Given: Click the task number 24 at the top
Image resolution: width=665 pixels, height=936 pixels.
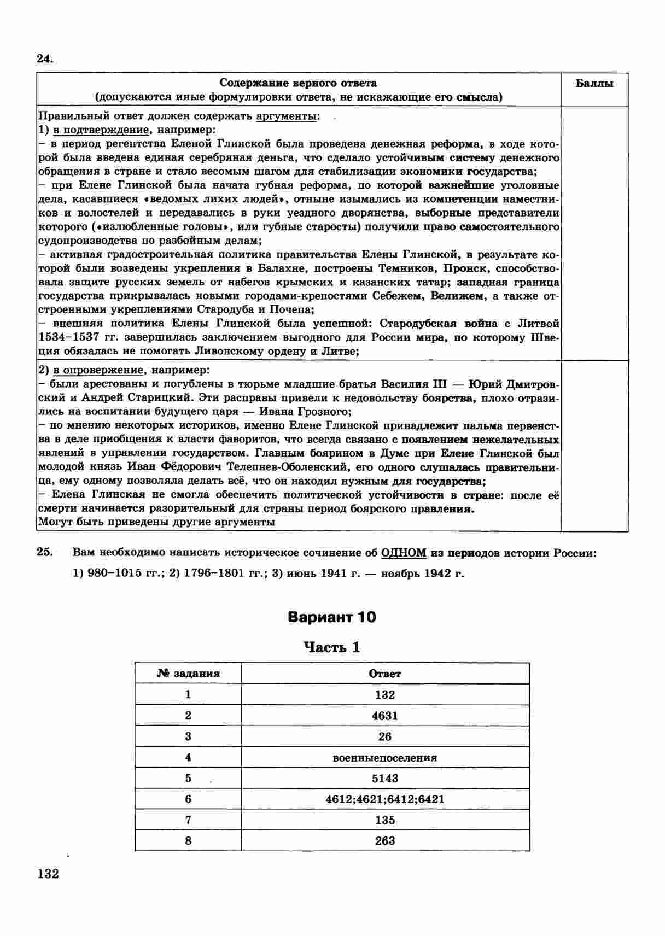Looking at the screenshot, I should [44, 58].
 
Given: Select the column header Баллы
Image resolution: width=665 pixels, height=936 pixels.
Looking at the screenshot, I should [594, 83].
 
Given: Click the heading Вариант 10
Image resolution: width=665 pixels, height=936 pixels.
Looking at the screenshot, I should [332, 617].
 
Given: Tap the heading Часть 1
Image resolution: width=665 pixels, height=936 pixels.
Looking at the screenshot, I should [332, 647].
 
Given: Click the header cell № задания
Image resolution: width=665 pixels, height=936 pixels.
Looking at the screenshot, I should [188, 674].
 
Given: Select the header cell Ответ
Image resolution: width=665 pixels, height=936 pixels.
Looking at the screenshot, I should [385, 674].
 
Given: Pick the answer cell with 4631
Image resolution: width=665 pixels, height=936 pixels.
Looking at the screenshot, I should [385, 716].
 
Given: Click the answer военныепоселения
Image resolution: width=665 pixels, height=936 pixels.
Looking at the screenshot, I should [385, 758].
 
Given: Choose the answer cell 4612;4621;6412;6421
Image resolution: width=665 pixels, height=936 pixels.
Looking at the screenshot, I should [385, 799].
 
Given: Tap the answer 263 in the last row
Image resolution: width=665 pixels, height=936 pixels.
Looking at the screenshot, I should [385, 841].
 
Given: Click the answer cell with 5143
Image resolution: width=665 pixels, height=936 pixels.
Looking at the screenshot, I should [385, 779].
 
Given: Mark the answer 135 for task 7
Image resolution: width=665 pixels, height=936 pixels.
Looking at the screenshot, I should [385, 820].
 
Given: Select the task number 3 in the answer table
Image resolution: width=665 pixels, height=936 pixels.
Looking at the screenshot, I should [188, 736].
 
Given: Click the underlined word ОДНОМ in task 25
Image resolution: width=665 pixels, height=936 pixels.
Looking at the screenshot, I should [404, 553].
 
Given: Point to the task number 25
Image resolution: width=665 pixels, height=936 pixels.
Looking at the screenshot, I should [45, 552].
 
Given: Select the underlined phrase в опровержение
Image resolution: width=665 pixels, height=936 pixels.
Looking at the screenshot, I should [98, 370].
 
